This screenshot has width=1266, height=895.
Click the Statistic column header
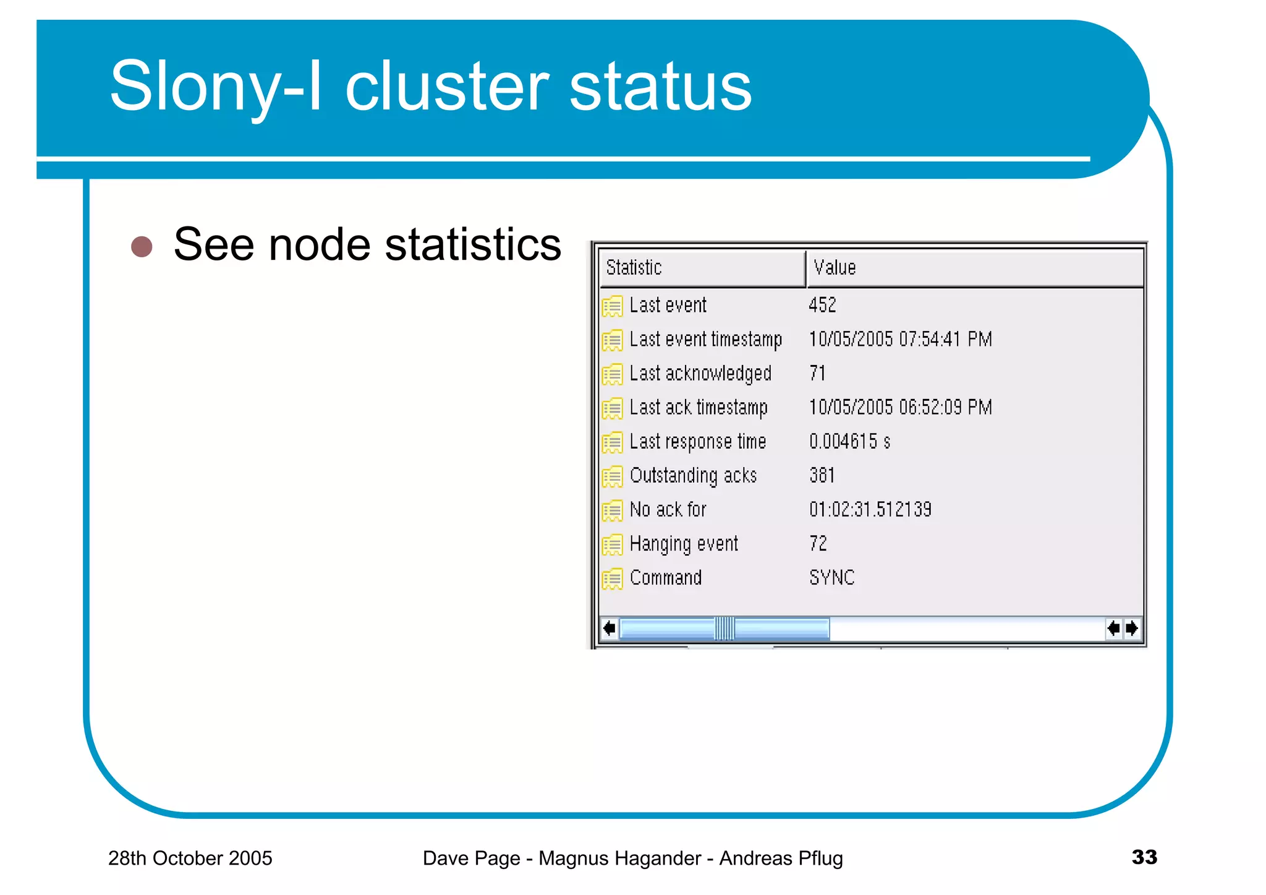702,268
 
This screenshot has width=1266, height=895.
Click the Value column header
975,268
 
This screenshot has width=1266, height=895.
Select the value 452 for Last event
822,305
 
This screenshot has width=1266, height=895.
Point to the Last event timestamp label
705,340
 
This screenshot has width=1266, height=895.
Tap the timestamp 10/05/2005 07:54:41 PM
900,340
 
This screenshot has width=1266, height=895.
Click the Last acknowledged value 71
817,374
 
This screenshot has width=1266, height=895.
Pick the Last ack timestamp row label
699,408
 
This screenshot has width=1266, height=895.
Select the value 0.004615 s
849,442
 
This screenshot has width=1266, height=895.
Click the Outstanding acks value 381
822,476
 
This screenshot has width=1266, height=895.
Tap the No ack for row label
668,510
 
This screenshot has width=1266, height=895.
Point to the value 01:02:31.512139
870,510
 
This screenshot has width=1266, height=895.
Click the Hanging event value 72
818,544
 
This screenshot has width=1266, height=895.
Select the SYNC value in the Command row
832,578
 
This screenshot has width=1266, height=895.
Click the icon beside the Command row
612,579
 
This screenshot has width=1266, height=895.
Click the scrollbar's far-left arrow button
609,629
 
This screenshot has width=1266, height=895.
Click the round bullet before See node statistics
142,246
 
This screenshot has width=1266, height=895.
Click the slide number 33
1144,857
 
